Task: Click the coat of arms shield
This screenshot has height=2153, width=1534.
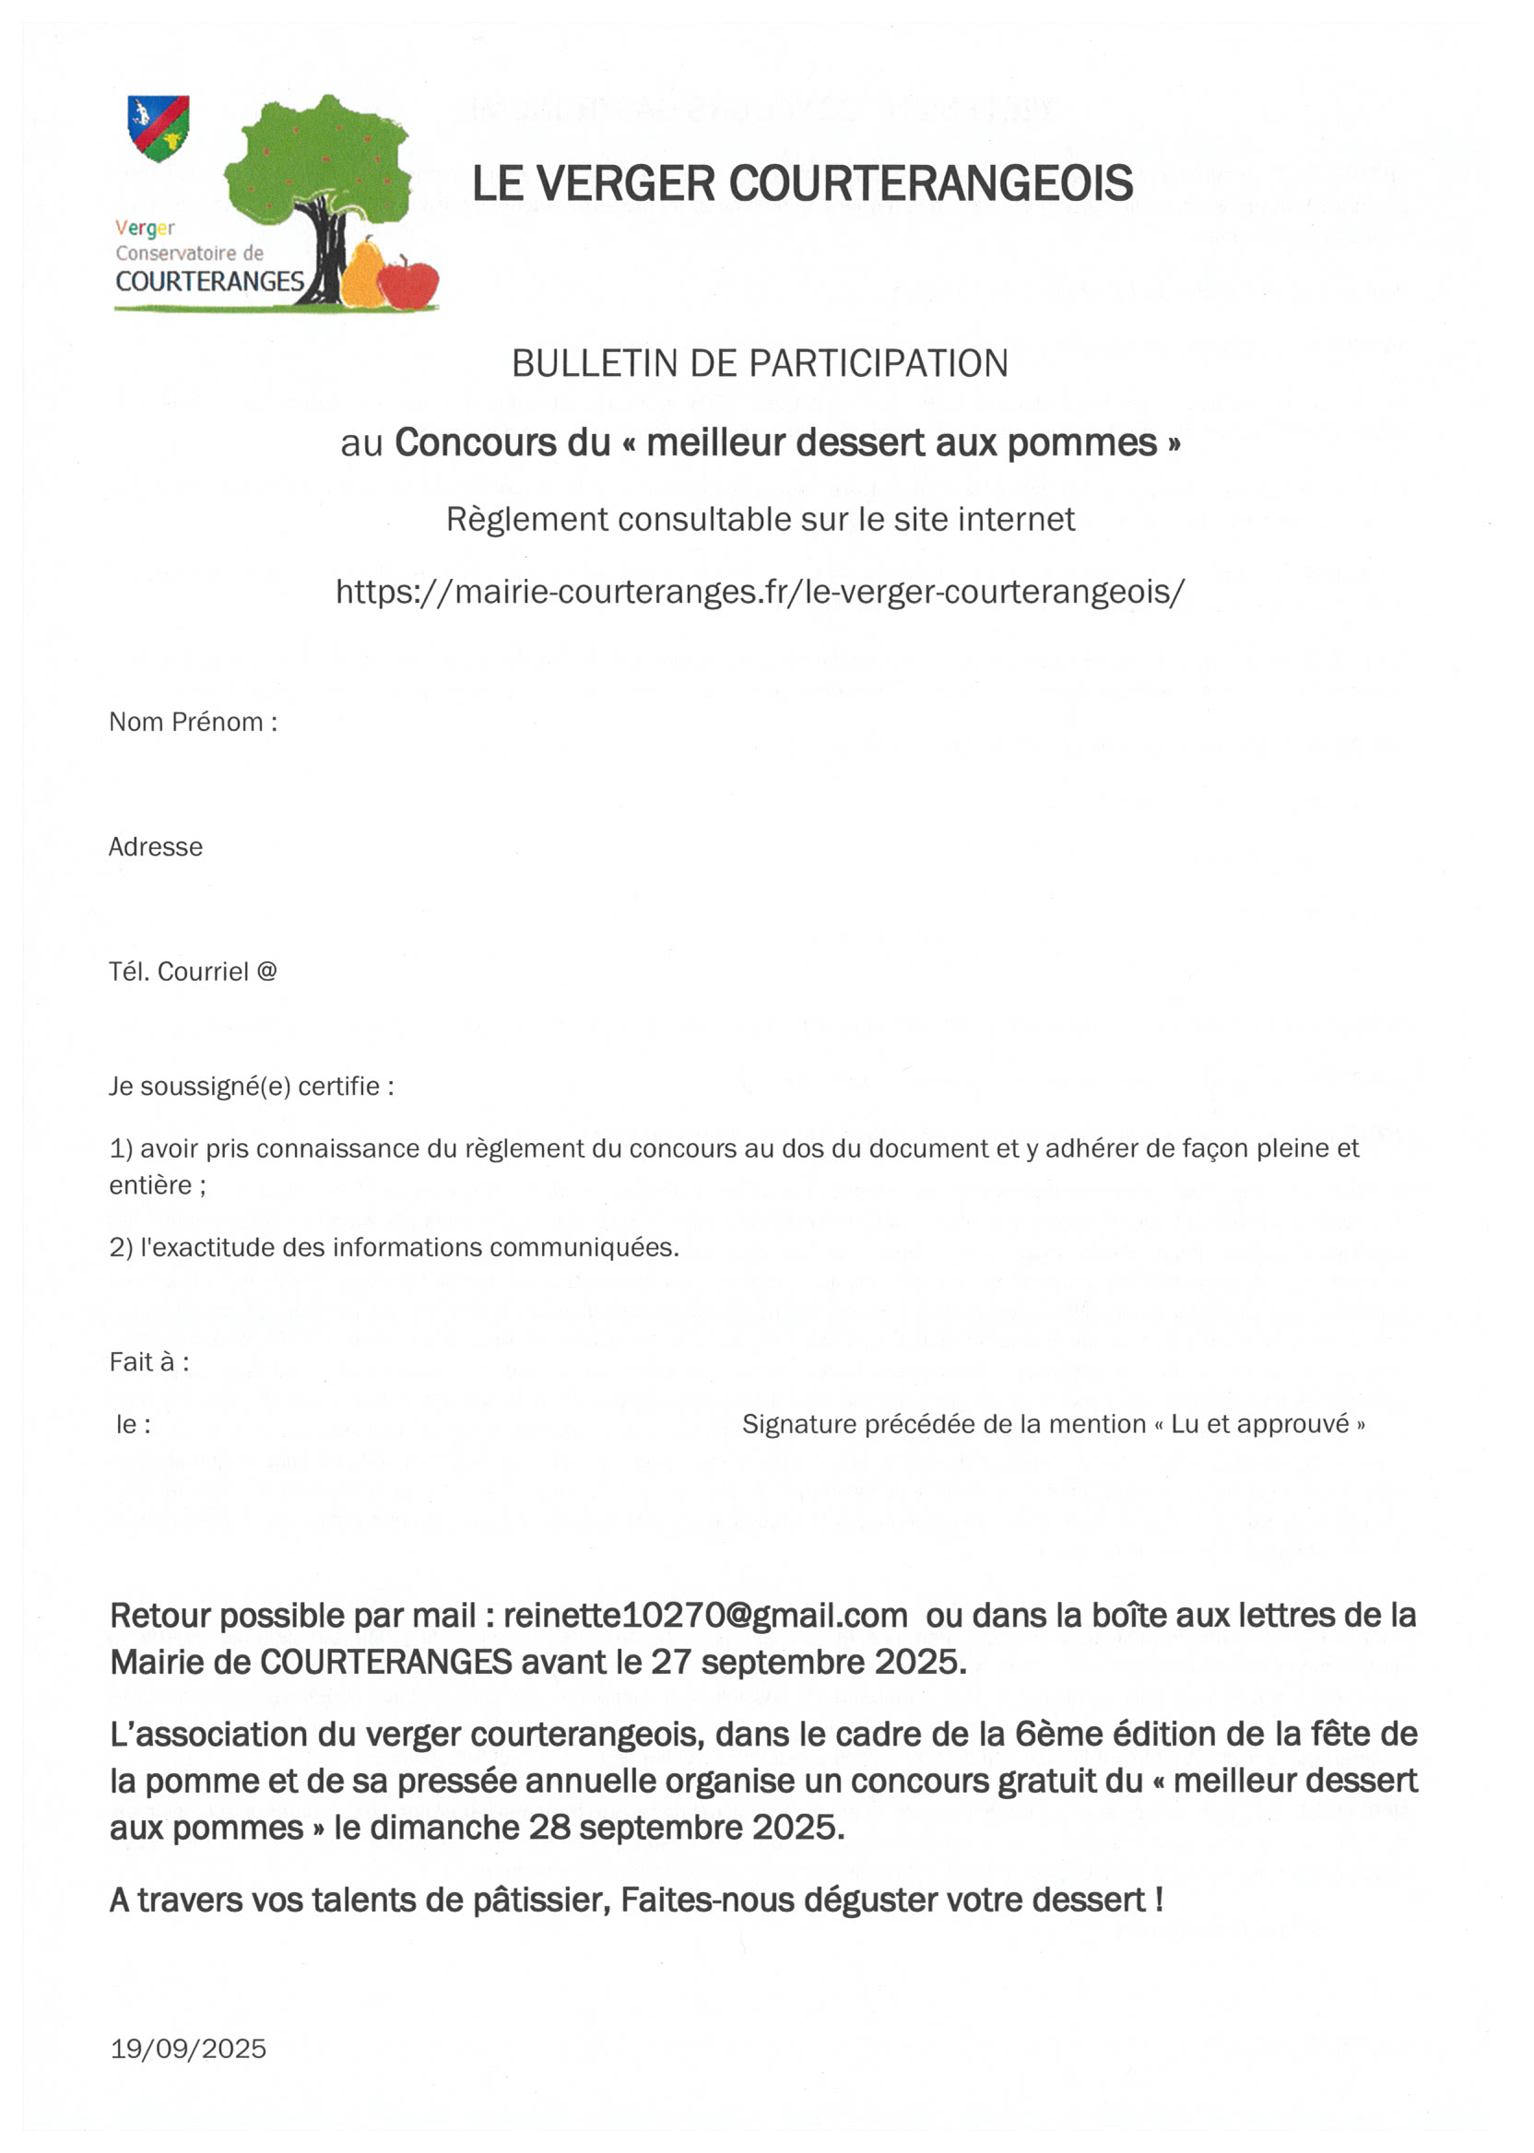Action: pos(159,126)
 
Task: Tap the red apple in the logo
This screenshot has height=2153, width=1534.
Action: pos(408,284)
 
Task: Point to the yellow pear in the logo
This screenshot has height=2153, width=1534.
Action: pos(362,275)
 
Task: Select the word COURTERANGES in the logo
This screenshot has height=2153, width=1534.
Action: pos(209,281)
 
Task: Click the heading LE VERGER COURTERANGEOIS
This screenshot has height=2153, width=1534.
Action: pos(802,183)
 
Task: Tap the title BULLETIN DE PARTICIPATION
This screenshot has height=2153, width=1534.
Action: pos(760,363)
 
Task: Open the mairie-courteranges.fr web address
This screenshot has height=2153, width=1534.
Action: pos(760,592)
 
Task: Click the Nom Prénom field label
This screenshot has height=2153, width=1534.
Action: pos(193,723)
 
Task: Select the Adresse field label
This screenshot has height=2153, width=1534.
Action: pos(155,847)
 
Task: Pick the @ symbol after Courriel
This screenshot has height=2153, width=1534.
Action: pos(266,971)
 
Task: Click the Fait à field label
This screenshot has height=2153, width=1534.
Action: pos(149,1361)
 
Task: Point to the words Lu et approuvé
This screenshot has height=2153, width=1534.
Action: pos(1259,1424)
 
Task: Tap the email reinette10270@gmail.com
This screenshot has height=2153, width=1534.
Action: pos(704,1616)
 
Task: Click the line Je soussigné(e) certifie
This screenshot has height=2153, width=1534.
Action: pos(252,1087)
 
